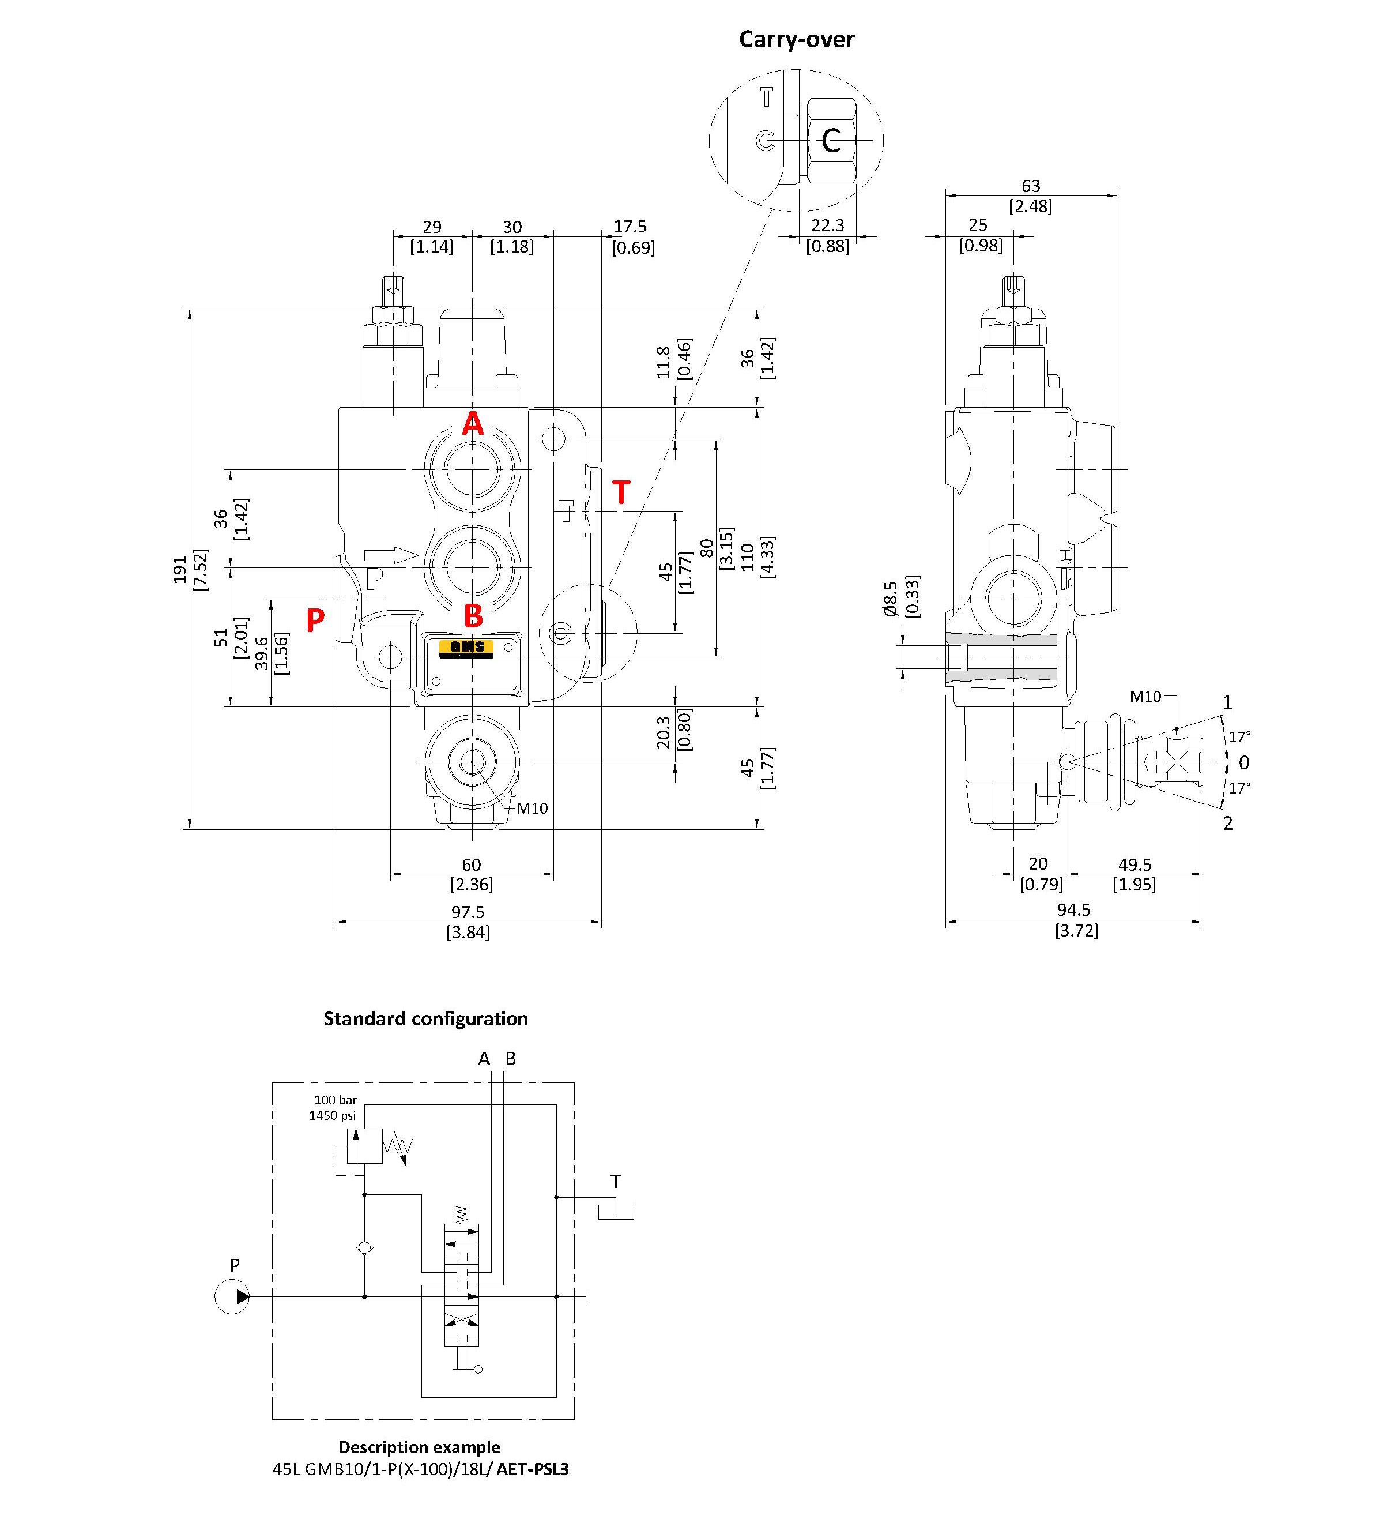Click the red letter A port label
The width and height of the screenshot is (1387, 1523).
pyautogui.click(x=473, y=424)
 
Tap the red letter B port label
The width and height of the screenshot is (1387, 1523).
pyautogui.click(x=473, y=616)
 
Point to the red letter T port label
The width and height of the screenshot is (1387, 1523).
pyautogui.click(x=621, y=493)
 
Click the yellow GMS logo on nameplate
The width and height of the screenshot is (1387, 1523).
pyautogui.click(x=466, y=648)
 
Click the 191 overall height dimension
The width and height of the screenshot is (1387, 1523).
pyautogui.click(x=180, y=570)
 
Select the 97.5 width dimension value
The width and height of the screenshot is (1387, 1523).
pyautogui.click(x=468, y=912)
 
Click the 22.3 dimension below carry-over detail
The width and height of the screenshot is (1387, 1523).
pyautogui.click(x=827, y=225)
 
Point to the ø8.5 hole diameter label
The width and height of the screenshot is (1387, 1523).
pyautogui.click(x=890, y=599)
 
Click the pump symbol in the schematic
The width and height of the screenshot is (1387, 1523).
pyautogui.click(x=232, y=1296)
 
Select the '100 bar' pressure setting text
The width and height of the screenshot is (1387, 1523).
pyautogui.click(x=336, y=1100)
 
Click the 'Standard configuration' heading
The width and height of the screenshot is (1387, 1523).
pyautogui.click(x=426, y=1019)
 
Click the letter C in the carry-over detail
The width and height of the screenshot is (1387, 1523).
pyautogui.click(x=831, y=141)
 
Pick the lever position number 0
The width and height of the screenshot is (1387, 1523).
pyautogui.click(x=1243, y=763)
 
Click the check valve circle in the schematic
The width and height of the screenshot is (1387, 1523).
pyautogui.click(x=365, y=1248)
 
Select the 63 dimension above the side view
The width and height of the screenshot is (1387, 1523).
pyautogui.click(x=1031, y=186)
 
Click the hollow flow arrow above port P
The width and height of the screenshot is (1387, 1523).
pyautogui.click(x=390, y=555)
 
